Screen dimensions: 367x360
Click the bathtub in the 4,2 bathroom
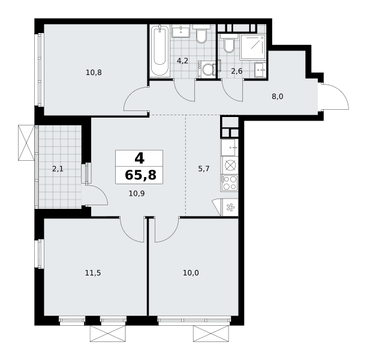pyautogui.click(x=160, y=50)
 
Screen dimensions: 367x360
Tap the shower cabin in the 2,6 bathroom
pyautogui.click(x=253, y=47)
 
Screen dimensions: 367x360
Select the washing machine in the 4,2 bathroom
pyautogui.click(x=207, y=69)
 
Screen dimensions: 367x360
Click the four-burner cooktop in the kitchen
pyautogui.click(x=229, y=183)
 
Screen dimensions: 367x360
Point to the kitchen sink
pyautogui.click(x=229, y=148)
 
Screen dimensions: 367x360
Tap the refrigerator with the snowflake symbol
pyautogui.click(x=230, y=207)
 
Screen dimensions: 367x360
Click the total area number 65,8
pyautogui.click(x=140, y=175)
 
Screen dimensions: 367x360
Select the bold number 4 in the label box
pyautogui.click(x=139, y=158)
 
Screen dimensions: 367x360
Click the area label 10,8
pyautogui.click(x=94, y=73)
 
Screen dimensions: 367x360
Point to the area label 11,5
pyautogui.click(x=93, y=273)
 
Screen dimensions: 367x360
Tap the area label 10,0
pyautogui.click(x=191, y=273)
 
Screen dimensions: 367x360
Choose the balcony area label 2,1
pyautogui.click(x=58, y=169)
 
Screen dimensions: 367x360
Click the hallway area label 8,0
pyautogui.click(x=278, y=96)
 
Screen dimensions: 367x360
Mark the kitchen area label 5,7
pyautogui.click(x=204, y=169)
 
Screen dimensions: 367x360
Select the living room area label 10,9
pyautogui.click(x=137, y=193)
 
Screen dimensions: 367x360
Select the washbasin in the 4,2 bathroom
pyautogui.click(x=181, y=31)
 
